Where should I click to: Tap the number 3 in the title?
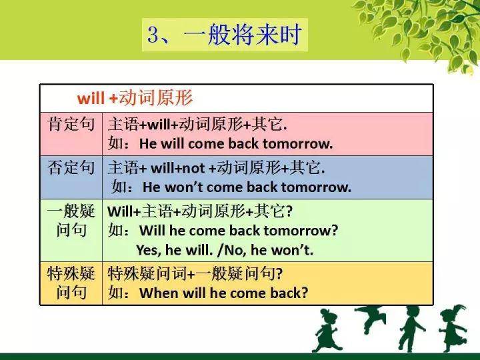coord(155,35)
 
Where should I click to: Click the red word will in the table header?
coord(91,99)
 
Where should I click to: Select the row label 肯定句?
coord(71,124)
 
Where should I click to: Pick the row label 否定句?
coord(71,167)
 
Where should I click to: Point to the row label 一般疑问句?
coord(71,221)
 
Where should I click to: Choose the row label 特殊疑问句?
coord(71,283)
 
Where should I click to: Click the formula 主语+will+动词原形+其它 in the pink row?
coord(197,124)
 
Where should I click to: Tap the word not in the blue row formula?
coord(194,167)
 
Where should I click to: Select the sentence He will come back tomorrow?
coord(236,143)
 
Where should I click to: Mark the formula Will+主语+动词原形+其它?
coord(200,211)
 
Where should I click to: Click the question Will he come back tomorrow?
coord(238,231)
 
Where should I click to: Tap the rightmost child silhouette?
coord(453,327)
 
